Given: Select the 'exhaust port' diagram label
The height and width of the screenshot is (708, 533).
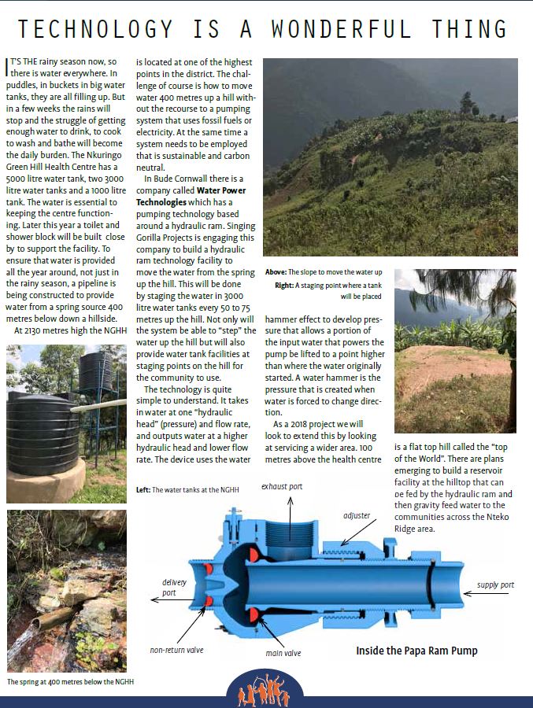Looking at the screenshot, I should coord(282,487).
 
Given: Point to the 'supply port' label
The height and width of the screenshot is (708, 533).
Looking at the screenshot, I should coord(495,584).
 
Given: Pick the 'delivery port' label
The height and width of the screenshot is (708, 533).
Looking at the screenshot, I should coord(174,587).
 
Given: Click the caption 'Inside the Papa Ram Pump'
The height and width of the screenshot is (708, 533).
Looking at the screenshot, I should coord(416,651).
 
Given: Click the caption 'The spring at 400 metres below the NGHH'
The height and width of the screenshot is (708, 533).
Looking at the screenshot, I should coord(71,682).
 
